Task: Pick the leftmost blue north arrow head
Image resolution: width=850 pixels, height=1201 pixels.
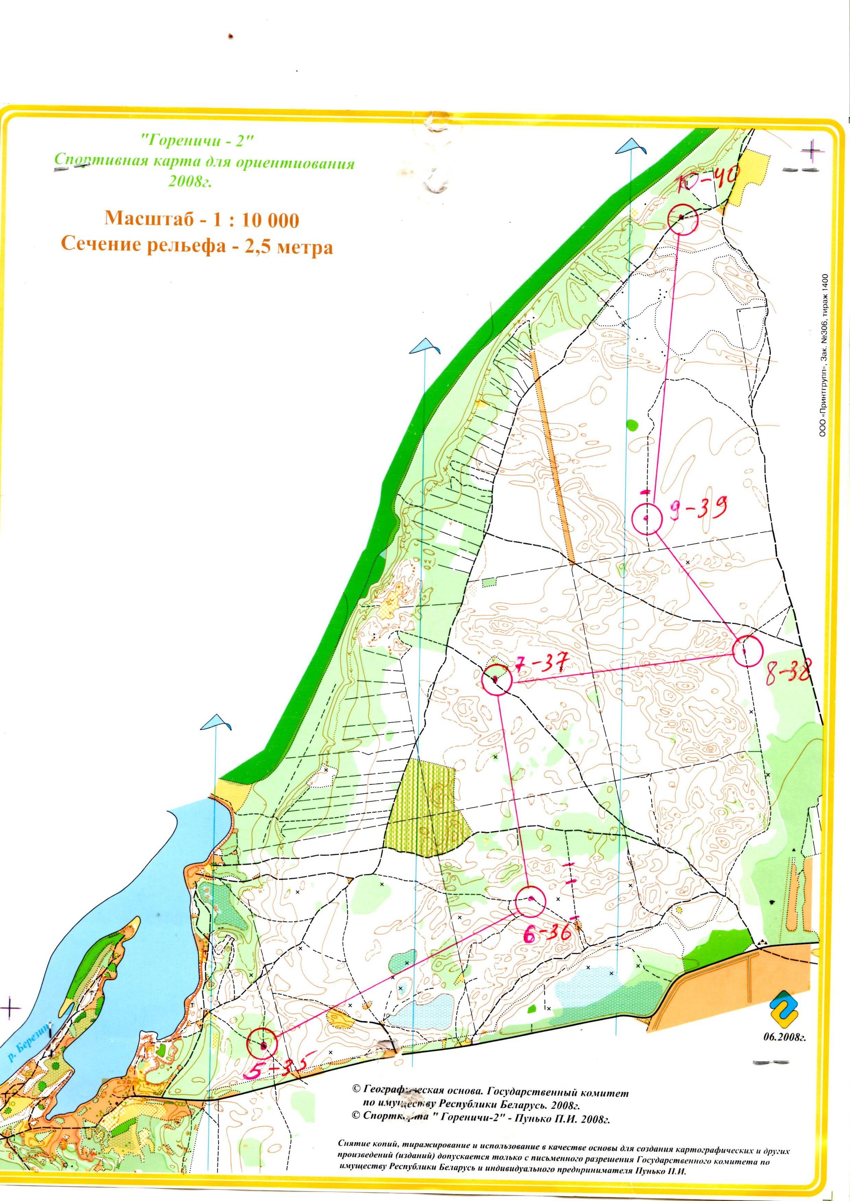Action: coord(216,721)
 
